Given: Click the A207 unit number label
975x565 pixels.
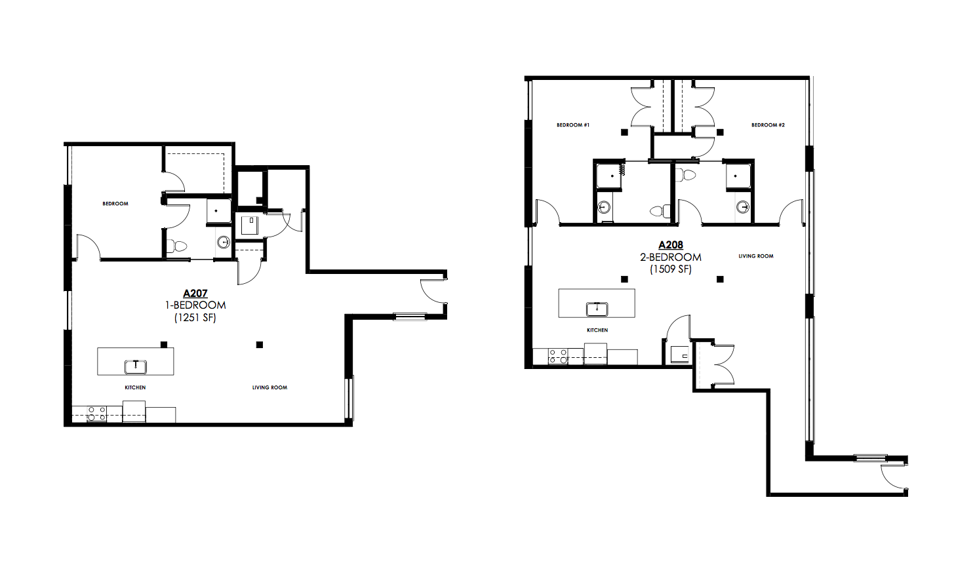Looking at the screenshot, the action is click(x=195, y=293).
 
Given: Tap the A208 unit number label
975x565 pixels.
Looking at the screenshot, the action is click(x=670, y=245).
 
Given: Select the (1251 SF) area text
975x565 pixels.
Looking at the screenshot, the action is click(x=195, y=318).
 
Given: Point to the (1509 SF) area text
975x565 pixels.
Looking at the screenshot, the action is click(x=670, y=269).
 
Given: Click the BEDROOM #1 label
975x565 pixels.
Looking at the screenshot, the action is click(x=573, y=125).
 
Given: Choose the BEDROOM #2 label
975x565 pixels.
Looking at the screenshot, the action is click(x=768, y=125).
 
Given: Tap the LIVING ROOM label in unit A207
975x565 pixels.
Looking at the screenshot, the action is click(x=269, y=387).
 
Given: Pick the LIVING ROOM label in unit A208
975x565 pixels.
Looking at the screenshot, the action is click(x=755, y=256).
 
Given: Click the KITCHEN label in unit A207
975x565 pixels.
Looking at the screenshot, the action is click(x=135, y=387).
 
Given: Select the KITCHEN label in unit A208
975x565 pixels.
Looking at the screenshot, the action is click(x=597, y=330).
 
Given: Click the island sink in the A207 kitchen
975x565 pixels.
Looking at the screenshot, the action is click(x=136, y=366).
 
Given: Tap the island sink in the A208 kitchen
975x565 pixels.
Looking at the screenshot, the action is click(x=597, y=309).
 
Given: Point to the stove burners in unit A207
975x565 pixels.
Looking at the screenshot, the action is click(x=96, y=414).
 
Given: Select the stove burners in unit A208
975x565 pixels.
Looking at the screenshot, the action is click(x=558, y=356).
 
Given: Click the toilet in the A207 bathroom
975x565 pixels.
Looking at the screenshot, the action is click(x=177, y=246).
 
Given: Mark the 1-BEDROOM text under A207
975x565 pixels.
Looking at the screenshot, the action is click(x=195, y=305).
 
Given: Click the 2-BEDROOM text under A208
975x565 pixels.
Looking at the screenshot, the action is click(x=670, y=257).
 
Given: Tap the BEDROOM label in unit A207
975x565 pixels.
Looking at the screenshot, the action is click(x=115, y=204).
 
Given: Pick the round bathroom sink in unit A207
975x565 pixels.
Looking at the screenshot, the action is click(x=224, y=242).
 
